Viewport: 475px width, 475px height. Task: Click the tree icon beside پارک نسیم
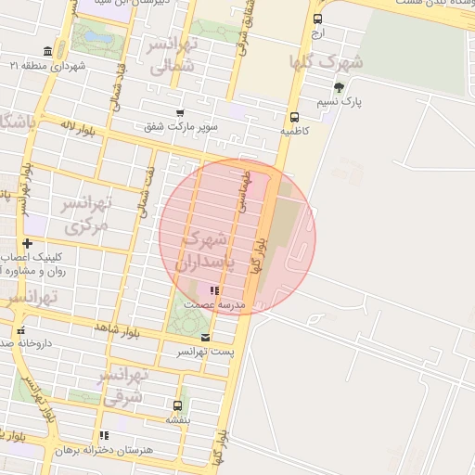point(338,88)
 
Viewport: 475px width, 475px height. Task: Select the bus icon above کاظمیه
point(294,118)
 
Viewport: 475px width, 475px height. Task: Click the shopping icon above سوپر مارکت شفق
point(180,113)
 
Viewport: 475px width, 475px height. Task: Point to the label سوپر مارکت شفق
point(181,126)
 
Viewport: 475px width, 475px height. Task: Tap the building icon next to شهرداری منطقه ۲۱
point(47,52)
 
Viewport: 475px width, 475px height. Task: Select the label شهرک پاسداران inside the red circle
point(212,250)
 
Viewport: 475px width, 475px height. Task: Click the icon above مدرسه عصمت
point(215,291)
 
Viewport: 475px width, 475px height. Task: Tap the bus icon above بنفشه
point(177,405)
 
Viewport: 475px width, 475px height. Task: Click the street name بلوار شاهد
point(116,328)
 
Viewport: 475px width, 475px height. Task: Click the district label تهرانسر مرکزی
point(84,214)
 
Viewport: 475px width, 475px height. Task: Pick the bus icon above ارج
point(318,19)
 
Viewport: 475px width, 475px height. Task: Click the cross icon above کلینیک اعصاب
point(27,243)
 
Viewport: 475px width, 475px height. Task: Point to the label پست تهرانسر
point(205,353)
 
